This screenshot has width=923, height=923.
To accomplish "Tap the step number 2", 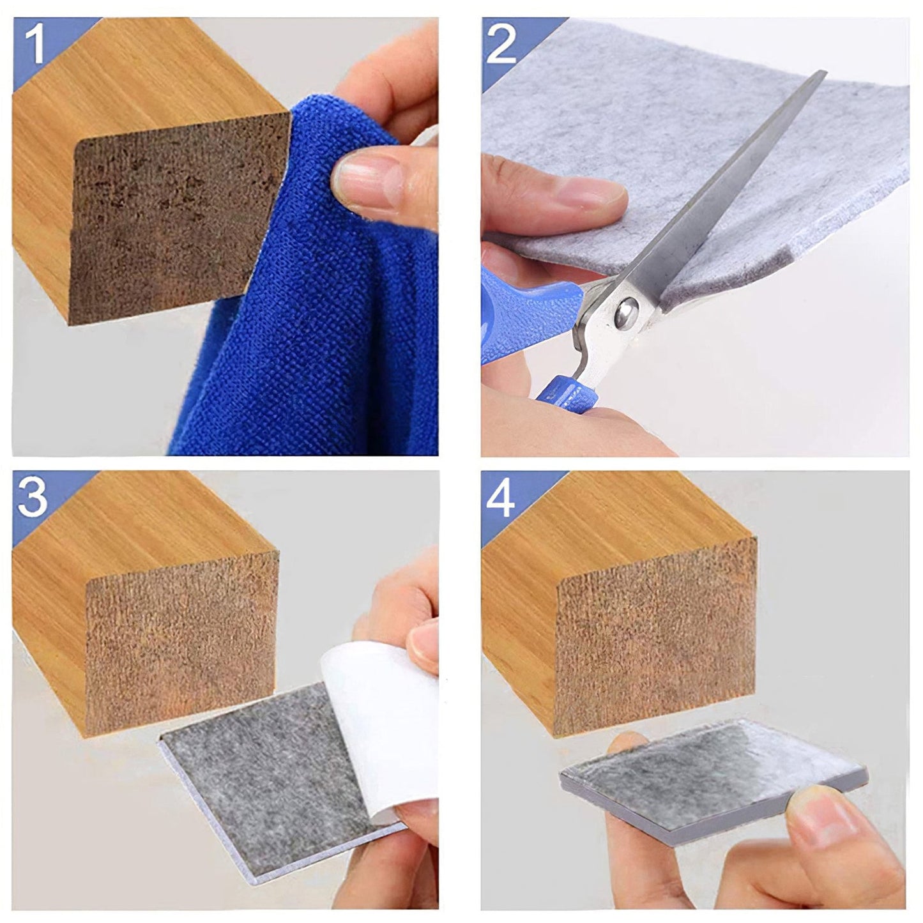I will coord(502,43).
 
